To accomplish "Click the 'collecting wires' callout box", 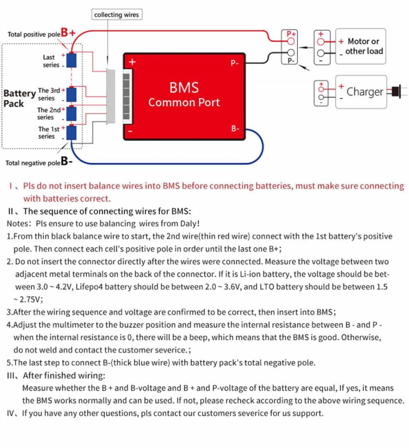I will click(116, 15).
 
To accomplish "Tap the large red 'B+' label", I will click(68, 32).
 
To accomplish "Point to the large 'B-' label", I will click(67, 161).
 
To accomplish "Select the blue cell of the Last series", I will click(71, 60).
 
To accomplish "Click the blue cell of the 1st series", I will click(71, 133).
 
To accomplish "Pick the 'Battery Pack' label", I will click(19, 98).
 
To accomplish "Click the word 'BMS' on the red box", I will click(184, 87).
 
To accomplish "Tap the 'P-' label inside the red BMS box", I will click(235, 63).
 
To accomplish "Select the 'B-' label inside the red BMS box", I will click(235, 129).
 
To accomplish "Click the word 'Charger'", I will click(364, 92).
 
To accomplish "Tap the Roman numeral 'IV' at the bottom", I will click(11, 413).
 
